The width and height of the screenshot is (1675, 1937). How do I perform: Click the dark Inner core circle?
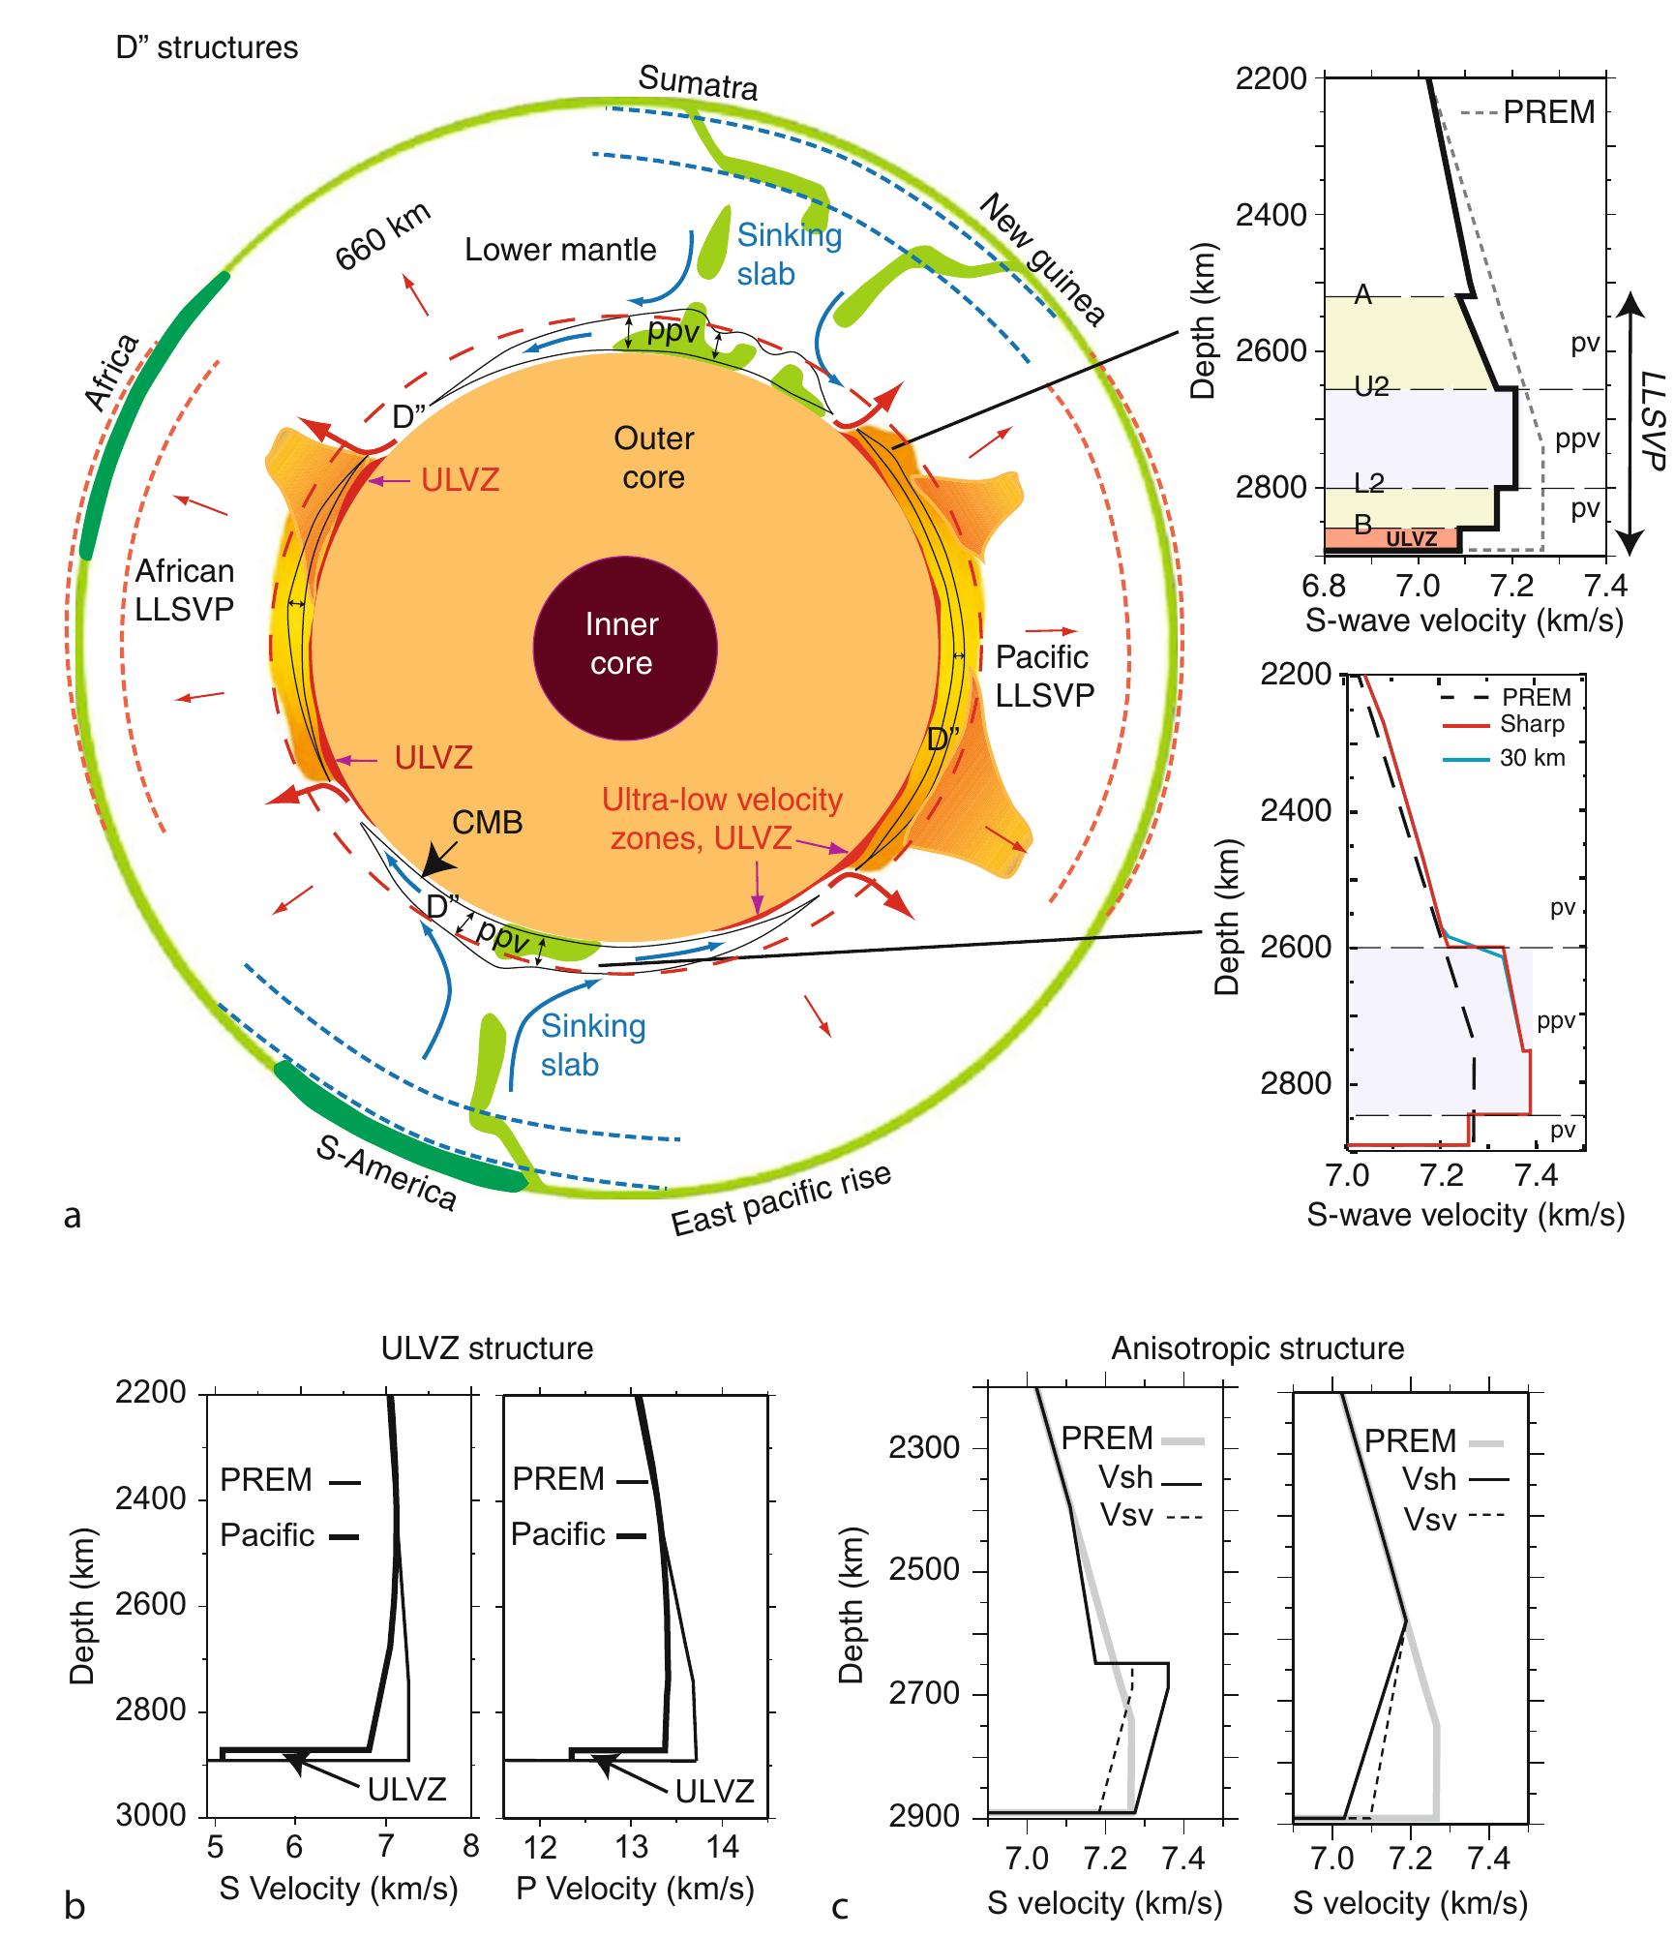pyautogui.click(x=625, y=645)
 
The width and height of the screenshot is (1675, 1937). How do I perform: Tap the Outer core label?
pyautogui.click(x=654, y=458)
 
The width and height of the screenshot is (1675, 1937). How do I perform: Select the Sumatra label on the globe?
pyautogui.click(x=698, y=85)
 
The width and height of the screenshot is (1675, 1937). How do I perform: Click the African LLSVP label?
pyautogui.click(x=184, y=590)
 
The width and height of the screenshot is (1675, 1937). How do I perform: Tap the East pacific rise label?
pyautogui.click(x=781, y=1199)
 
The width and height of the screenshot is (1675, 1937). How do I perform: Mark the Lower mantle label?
pyautogui.click(x=560, y=250)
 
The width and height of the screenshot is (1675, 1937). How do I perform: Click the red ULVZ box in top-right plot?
pyautogui.click(x=1393, y=538)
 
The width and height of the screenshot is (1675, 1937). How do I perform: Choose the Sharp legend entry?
pyautogui.click(x=1532, y=724)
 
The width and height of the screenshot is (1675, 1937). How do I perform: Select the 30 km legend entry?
pyautogui.click(x=1532, y=758)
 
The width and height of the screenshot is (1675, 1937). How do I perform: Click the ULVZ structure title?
pyautogui.click(x=489, y=1347)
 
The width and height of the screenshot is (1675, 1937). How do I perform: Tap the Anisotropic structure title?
pyautogui.click(x=1257, y=1347)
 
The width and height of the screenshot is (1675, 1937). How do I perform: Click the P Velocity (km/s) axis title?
pyautogui.click(x=635, y=1888)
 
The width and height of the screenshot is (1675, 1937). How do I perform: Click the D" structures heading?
pyautogui.click(x=207, y=47)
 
